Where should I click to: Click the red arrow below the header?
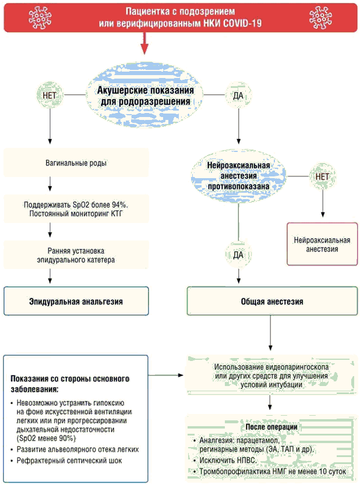(145, 45)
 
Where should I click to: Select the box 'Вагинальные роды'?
(76, 163)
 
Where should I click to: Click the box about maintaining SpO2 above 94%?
(76, 209)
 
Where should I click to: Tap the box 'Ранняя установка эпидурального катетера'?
(76, 254)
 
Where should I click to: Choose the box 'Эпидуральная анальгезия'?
(76, 302)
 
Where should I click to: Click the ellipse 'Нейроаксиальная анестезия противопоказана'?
(238, 175)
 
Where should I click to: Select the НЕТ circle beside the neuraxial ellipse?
(322, 175)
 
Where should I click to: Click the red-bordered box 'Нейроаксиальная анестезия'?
(322, 244)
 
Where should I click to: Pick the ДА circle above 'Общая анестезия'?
(238, 254)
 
